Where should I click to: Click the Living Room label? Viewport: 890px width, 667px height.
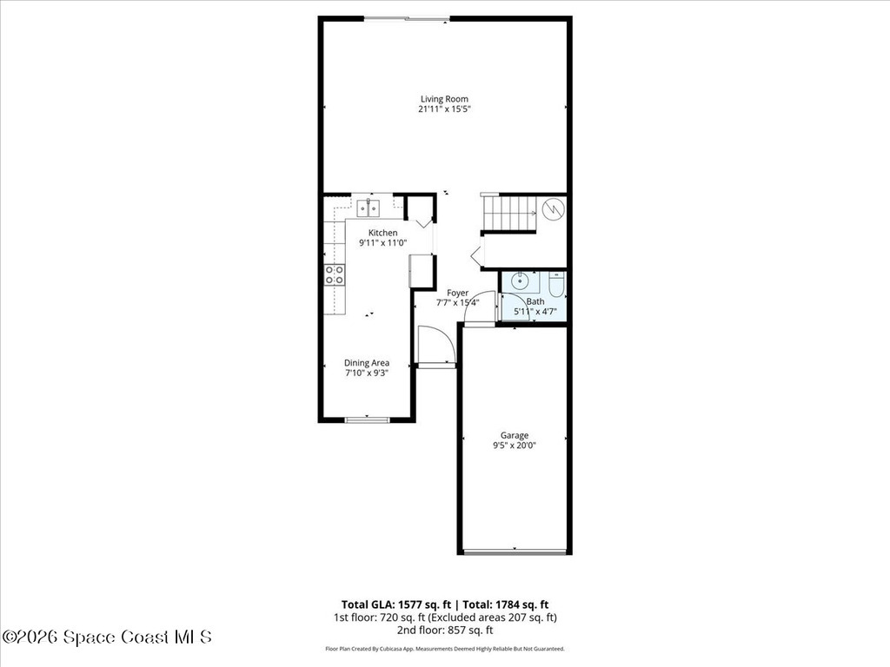click(444, 99)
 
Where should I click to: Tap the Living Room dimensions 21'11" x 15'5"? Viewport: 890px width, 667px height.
click(444, 109)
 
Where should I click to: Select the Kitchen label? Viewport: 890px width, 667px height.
click(382, 233)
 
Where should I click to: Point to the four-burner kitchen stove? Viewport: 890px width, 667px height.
click(334, 275)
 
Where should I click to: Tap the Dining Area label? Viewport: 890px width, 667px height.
click(366, 363)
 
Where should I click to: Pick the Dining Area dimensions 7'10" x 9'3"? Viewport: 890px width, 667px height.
click(366, 373)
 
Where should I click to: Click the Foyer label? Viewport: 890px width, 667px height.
click(457, 293)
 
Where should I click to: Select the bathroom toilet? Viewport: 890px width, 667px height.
click(556, 284)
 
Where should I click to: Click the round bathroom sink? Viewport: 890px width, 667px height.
click(519, 281)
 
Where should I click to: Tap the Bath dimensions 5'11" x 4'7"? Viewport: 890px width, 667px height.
click(535, 311)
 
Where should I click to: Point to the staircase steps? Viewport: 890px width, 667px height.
click(508, 213)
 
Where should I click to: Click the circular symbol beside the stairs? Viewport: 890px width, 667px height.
click(553, 209)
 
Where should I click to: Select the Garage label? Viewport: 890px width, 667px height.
click(514, 435)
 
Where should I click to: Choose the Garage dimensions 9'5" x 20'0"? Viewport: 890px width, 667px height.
click(514, 446)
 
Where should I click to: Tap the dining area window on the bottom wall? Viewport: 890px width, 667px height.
click(367, 420)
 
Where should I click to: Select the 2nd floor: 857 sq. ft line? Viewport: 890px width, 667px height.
click(444, 631)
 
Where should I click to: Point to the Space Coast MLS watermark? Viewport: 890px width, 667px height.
click(107, 637)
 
